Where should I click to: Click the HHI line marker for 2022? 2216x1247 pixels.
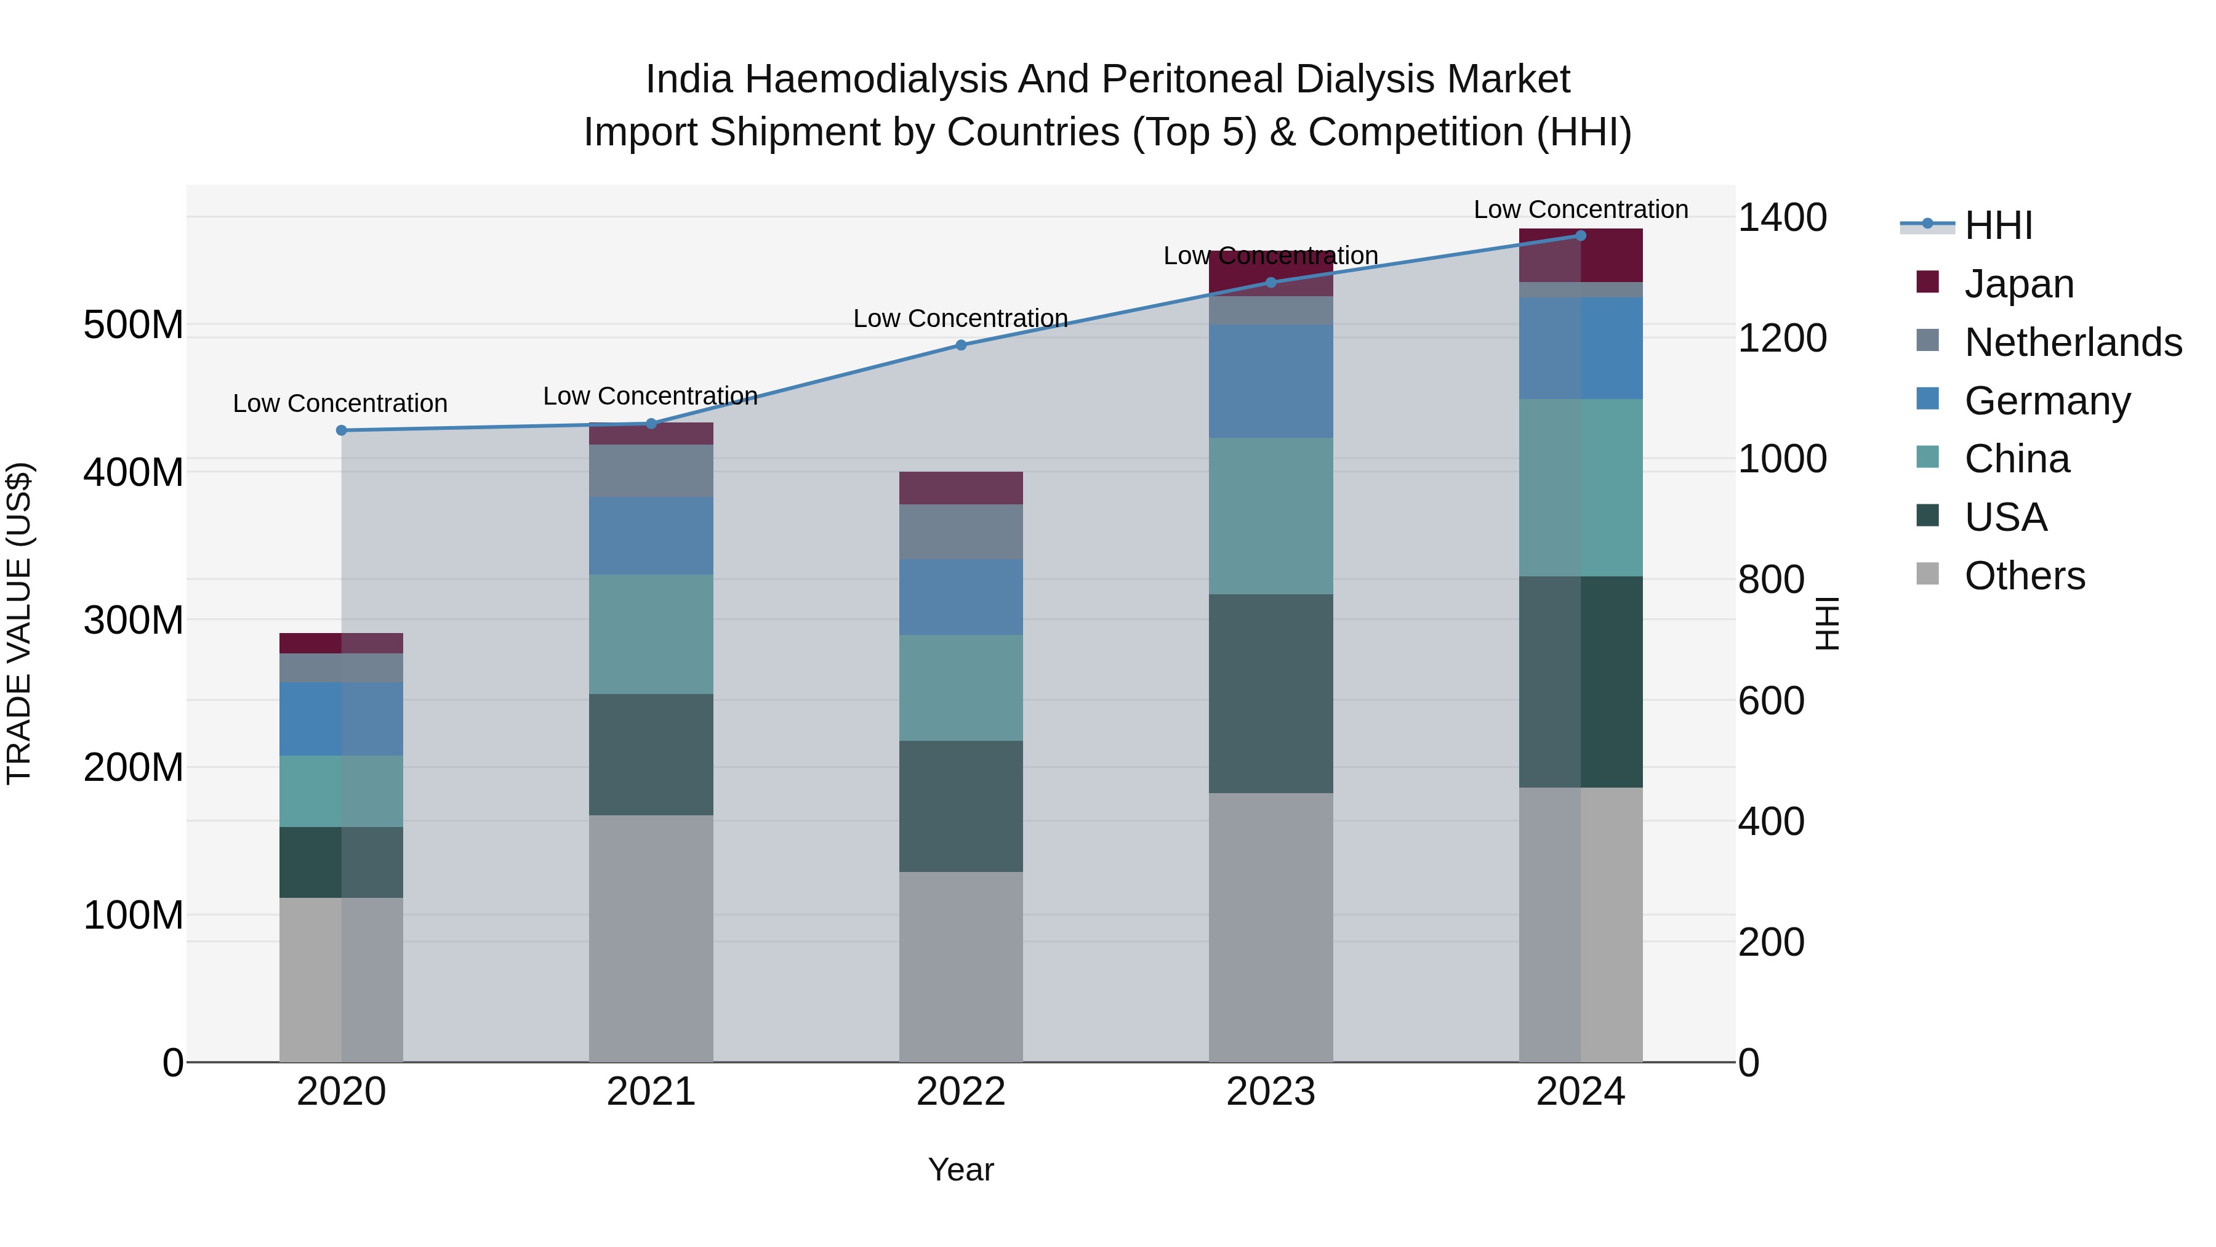(x=961, y=345)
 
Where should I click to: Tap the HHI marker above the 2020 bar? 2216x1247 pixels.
(x=342, y=430)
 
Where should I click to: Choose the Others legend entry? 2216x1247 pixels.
(x=2024, y=576)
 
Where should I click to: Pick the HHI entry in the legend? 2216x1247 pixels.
(x=1997, y=225)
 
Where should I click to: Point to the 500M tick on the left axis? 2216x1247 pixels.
(x=134, y=325)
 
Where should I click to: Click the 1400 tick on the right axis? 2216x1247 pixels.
(x=1781, y=218)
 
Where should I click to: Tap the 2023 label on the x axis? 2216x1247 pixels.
(x=1271, y=1092)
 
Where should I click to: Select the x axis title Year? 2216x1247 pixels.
(x=961, y=1169)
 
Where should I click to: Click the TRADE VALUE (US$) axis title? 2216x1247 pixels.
(x=20, y=623)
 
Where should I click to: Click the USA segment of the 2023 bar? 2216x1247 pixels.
(x=1271, y=693)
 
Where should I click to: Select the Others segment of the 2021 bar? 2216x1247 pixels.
(x=651, y=938)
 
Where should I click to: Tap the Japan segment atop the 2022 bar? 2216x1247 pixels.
(x=961, y=488)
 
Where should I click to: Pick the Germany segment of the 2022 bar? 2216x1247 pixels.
(x=961, y=597)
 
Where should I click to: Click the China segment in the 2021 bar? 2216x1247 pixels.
(x=651, y=634)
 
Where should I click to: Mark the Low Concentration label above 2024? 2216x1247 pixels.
(x=1580, y=209)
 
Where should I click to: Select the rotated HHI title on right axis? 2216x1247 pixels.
(x=1826, y=623)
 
